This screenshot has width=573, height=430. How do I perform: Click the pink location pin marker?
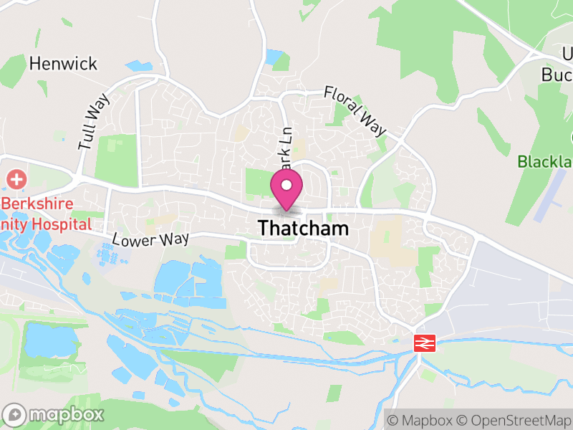click(286, 190)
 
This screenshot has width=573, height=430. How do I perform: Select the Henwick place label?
click(63, 64)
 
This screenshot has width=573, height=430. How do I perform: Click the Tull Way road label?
click(94, 122)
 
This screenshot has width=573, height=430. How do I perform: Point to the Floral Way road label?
click(355, 111)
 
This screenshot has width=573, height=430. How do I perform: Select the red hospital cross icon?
click(14, 178)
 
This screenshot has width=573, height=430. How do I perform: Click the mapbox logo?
click(54, 414)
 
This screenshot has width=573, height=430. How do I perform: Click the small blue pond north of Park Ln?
click(274, 56)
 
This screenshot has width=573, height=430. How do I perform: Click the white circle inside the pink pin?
click(286, 186)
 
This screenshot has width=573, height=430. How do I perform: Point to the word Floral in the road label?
click(342, 102)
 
